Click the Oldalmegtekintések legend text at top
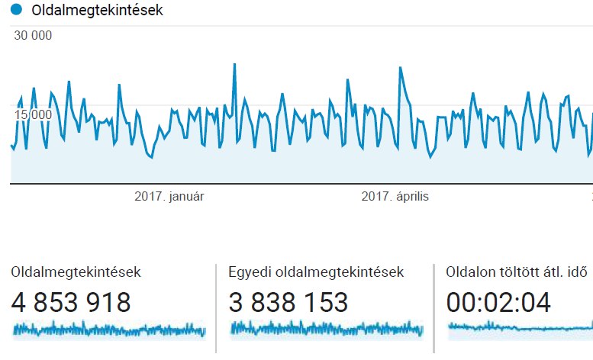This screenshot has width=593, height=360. [97, 11]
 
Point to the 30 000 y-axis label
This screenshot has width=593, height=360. [32, 35]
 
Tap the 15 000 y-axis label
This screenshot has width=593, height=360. [32, 114]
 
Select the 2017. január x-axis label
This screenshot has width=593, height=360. [169, 196]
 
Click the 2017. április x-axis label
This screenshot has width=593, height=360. [395, 196]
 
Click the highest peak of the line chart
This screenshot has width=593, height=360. [234, 64]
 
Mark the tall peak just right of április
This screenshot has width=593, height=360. [400, 68]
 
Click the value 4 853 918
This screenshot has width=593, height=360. [71, 303]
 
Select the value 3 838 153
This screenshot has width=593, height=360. [288, 303]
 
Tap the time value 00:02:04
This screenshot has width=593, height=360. [498, 303]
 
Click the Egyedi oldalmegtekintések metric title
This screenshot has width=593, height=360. [316, 272]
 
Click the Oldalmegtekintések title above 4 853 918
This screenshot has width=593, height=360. [76, 272]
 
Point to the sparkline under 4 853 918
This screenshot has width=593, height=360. [109, 329]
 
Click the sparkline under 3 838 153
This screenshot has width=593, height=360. [327, 329]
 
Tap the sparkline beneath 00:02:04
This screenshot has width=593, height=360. [520, 328]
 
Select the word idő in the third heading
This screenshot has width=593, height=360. [580, 272]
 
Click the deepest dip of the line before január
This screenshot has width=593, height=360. [151, 157]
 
